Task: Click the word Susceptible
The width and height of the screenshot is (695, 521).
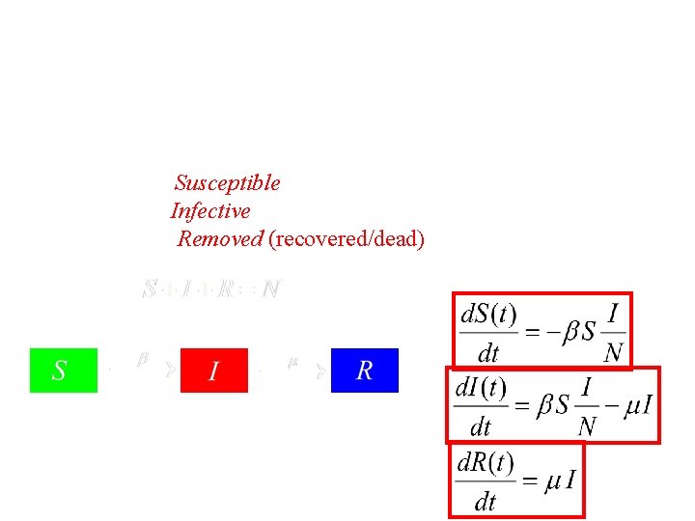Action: click(228, 182)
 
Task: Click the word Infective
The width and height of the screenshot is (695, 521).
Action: click(210, 210)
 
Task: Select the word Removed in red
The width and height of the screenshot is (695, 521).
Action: click(220, 238)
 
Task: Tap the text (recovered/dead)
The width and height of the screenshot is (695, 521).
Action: click(347, 238)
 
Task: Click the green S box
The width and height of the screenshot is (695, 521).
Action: click(64, 370)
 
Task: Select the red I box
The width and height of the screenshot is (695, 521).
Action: click(214, 370)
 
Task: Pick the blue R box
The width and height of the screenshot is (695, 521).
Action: click(365, 370)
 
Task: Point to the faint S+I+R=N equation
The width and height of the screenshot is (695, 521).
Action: click(210, 288)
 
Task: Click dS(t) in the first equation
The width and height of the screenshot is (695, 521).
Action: click(488, 315)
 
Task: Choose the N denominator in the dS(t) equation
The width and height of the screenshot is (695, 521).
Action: click(613, 352)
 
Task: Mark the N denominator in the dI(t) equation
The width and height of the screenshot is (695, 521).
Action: click(587, 425)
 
